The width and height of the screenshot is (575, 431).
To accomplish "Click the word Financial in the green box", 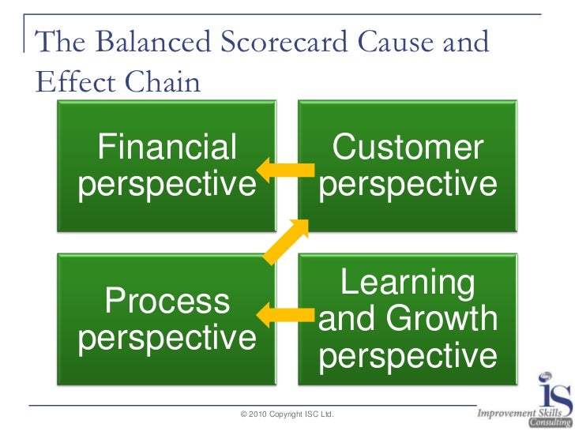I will click(x=167, y=148).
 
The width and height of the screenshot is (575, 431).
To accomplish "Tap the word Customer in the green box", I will click(x=408, y=148).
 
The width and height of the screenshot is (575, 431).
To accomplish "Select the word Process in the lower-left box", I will click(x=167, y=301).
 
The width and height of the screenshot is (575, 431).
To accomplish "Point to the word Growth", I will click(x=442, y=320).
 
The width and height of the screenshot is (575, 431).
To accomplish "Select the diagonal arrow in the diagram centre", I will click(x=286, y=240).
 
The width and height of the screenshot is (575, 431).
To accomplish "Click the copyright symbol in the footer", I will click(x=243, y=414).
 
